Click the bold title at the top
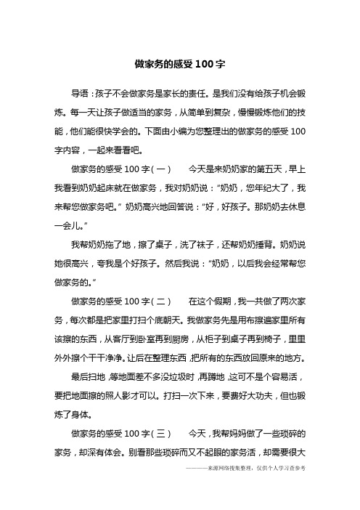tap(179, 64)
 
